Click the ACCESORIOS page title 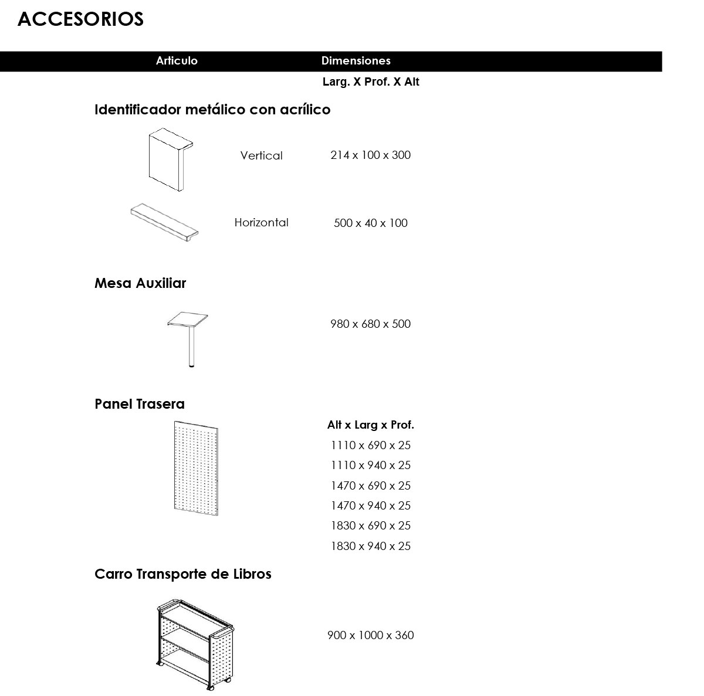click(x=80, y=19)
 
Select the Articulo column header click(x=177, y=61)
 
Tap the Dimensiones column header click(x=356, y=61)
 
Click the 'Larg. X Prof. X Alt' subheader click(x=371, y=82)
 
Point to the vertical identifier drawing click(x=169, y=159)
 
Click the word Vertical click(x=261, y=156)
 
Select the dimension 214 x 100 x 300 click(x=370, y=155)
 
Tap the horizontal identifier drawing click(x=165, y=221)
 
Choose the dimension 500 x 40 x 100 click(x=370, y=223)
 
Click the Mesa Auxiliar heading click(x=140, y=283)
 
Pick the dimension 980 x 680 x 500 click(x=370, y=324)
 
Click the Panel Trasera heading click(x=140, y=404)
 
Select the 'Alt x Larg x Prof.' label click(x=370, y=425)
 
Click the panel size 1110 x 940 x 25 click(x=370, y=466)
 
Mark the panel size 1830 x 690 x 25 click(x=370, y=526)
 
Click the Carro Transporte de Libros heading click(x=183, y=574)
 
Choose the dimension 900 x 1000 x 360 click(x=370, y=636)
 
